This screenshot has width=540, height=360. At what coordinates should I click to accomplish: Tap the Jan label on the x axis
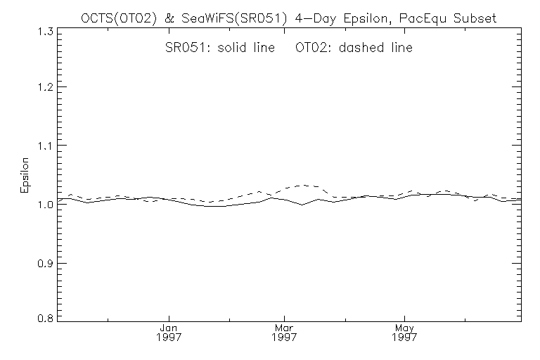point(168,328)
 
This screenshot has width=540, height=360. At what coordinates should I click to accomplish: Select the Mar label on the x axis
point(285,328)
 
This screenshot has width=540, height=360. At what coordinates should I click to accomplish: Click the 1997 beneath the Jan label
point(168,338)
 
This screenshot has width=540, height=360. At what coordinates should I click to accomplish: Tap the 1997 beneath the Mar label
point(285,338)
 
